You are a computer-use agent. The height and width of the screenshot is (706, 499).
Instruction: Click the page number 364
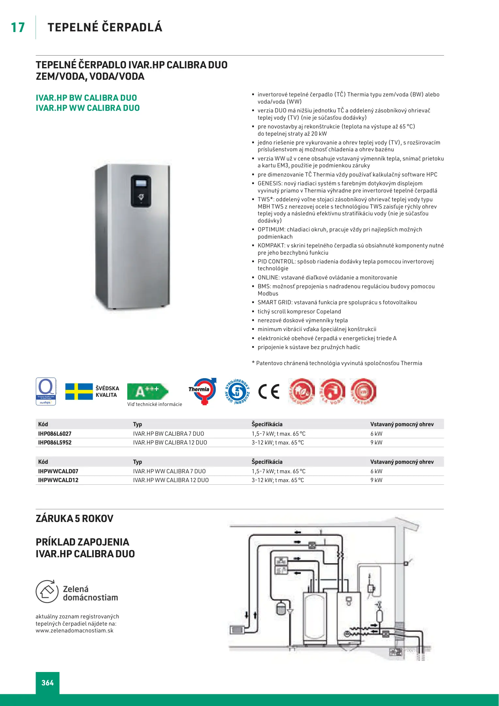(48, 682)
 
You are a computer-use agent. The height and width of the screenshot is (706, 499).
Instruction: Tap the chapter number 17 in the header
(18, 27)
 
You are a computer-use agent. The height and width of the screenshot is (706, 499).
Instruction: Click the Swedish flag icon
(79, 391)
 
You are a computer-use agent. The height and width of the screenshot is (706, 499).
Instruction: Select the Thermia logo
(202, 391)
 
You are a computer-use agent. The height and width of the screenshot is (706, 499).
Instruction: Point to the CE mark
(269, 391)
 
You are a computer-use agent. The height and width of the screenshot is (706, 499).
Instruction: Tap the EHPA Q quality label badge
(46, 391)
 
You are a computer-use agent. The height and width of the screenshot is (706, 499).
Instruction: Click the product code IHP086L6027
(55, 434)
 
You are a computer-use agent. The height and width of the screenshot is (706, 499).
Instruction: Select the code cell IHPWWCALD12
(58, 480)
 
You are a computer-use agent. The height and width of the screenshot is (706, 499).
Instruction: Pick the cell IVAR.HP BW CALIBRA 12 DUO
(170, 443)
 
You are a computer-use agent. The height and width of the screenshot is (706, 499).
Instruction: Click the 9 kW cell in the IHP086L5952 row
(376, 443)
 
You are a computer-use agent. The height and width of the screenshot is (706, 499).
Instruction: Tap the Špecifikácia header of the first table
(267, 424)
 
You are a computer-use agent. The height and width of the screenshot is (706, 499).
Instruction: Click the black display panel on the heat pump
(141, 191)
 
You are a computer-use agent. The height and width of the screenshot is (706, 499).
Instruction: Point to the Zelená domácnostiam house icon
(47, 591)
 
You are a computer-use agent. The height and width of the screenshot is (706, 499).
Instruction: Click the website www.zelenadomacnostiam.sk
(75, 630)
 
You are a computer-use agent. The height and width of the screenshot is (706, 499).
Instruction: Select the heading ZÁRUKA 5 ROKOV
(75, 519)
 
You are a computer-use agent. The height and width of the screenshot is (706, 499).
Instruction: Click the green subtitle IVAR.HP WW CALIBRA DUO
(88, 108)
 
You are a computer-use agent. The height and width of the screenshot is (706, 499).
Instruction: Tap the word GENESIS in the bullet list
(270, 183)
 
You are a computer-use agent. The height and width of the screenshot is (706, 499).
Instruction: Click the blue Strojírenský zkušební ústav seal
(237, 391)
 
